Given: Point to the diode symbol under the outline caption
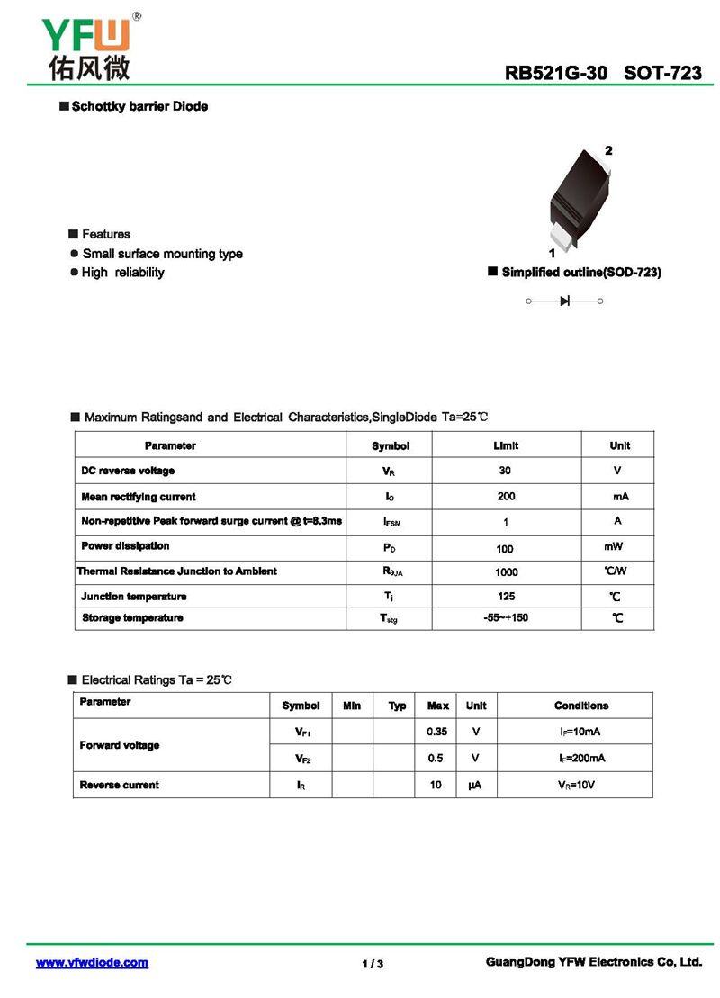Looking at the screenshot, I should coord(564,301).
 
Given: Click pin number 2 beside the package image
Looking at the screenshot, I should coord(608,150).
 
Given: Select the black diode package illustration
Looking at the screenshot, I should coord(576,199).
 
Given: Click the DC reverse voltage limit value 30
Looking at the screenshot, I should coord(505,471).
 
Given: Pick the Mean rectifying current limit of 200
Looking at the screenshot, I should coord(506,496).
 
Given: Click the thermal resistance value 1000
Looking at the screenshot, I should coord(506,572).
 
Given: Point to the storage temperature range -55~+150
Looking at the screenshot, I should coord(506,618).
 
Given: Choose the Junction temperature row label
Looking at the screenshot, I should coord(133,597).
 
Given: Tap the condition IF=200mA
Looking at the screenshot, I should coord(580,758).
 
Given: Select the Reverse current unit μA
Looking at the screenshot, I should coord(475,785).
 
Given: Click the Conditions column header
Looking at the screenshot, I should coord(580,706).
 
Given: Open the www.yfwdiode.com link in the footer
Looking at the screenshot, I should coord(92,963).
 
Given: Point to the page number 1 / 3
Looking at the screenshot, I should coord(373,964).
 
